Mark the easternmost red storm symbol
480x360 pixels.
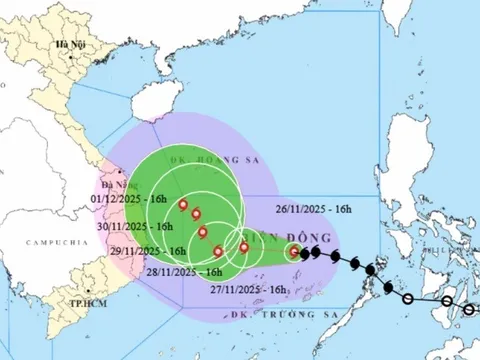(294, 252)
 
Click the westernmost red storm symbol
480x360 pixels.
(184, 206)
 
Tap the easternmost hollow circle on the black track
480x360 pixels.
(470, 310)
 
